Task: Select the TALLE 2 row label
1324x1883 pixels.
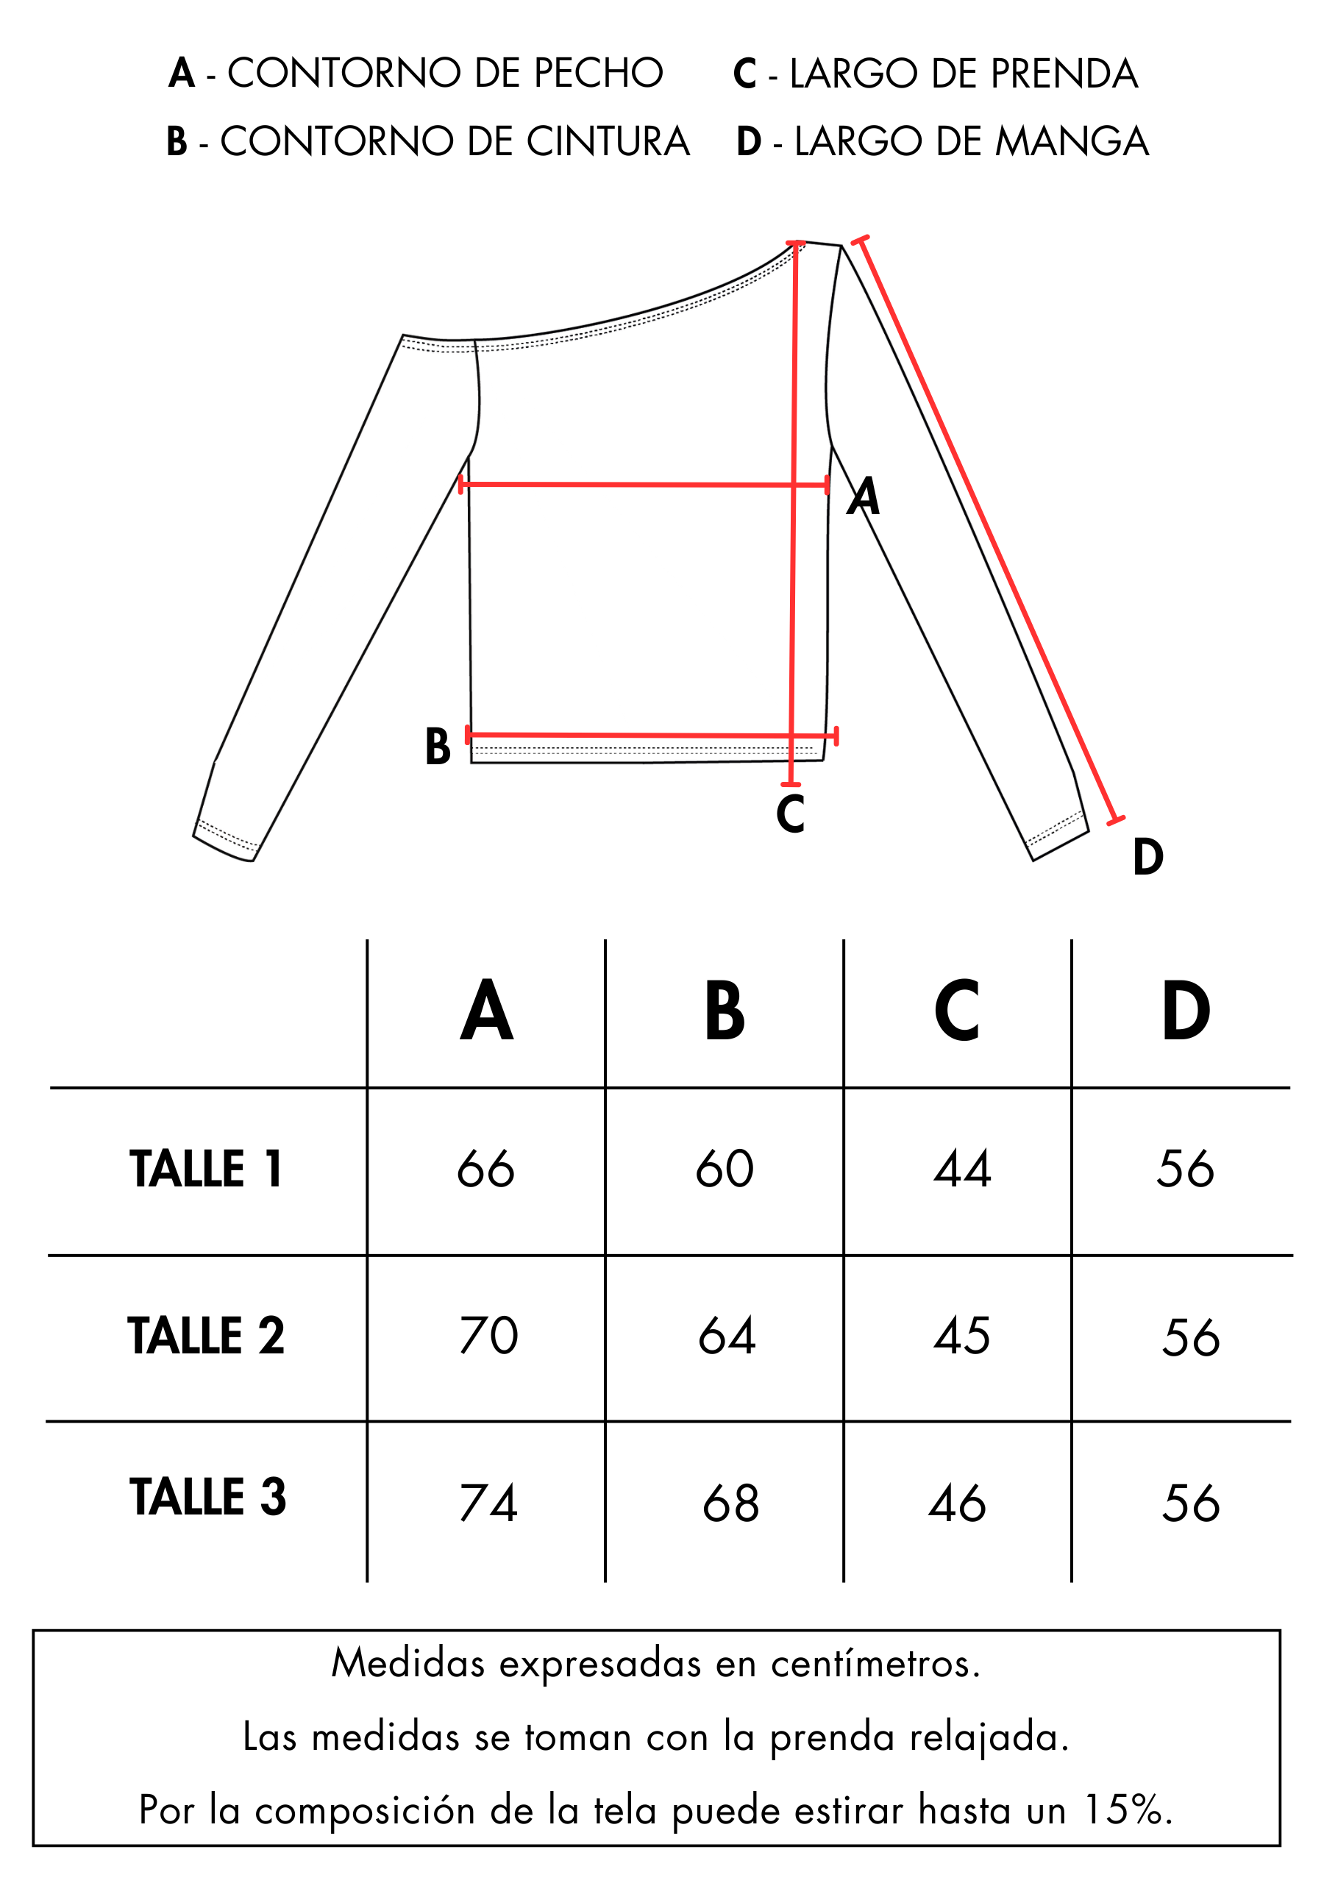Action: click(x=206, y=1335)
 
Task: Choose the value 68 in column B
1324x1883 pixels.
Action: click(x=731, y=1503)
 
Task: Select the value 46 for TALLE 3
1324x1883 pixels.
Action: click(x=956, y=1503)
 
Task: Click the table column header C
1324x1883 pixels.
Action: click(x=956, y=1011)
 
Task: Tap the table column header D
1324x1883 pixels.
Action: click(x=1186, y=1011)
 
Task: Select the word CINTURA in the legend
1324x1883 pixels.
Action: click(x=608, y=141)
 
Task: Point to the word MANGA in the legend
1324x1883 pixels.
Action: click(x=1072, y=141)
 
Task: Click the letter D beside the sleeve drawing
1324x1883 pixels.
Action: click(x=1147, y=857)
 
